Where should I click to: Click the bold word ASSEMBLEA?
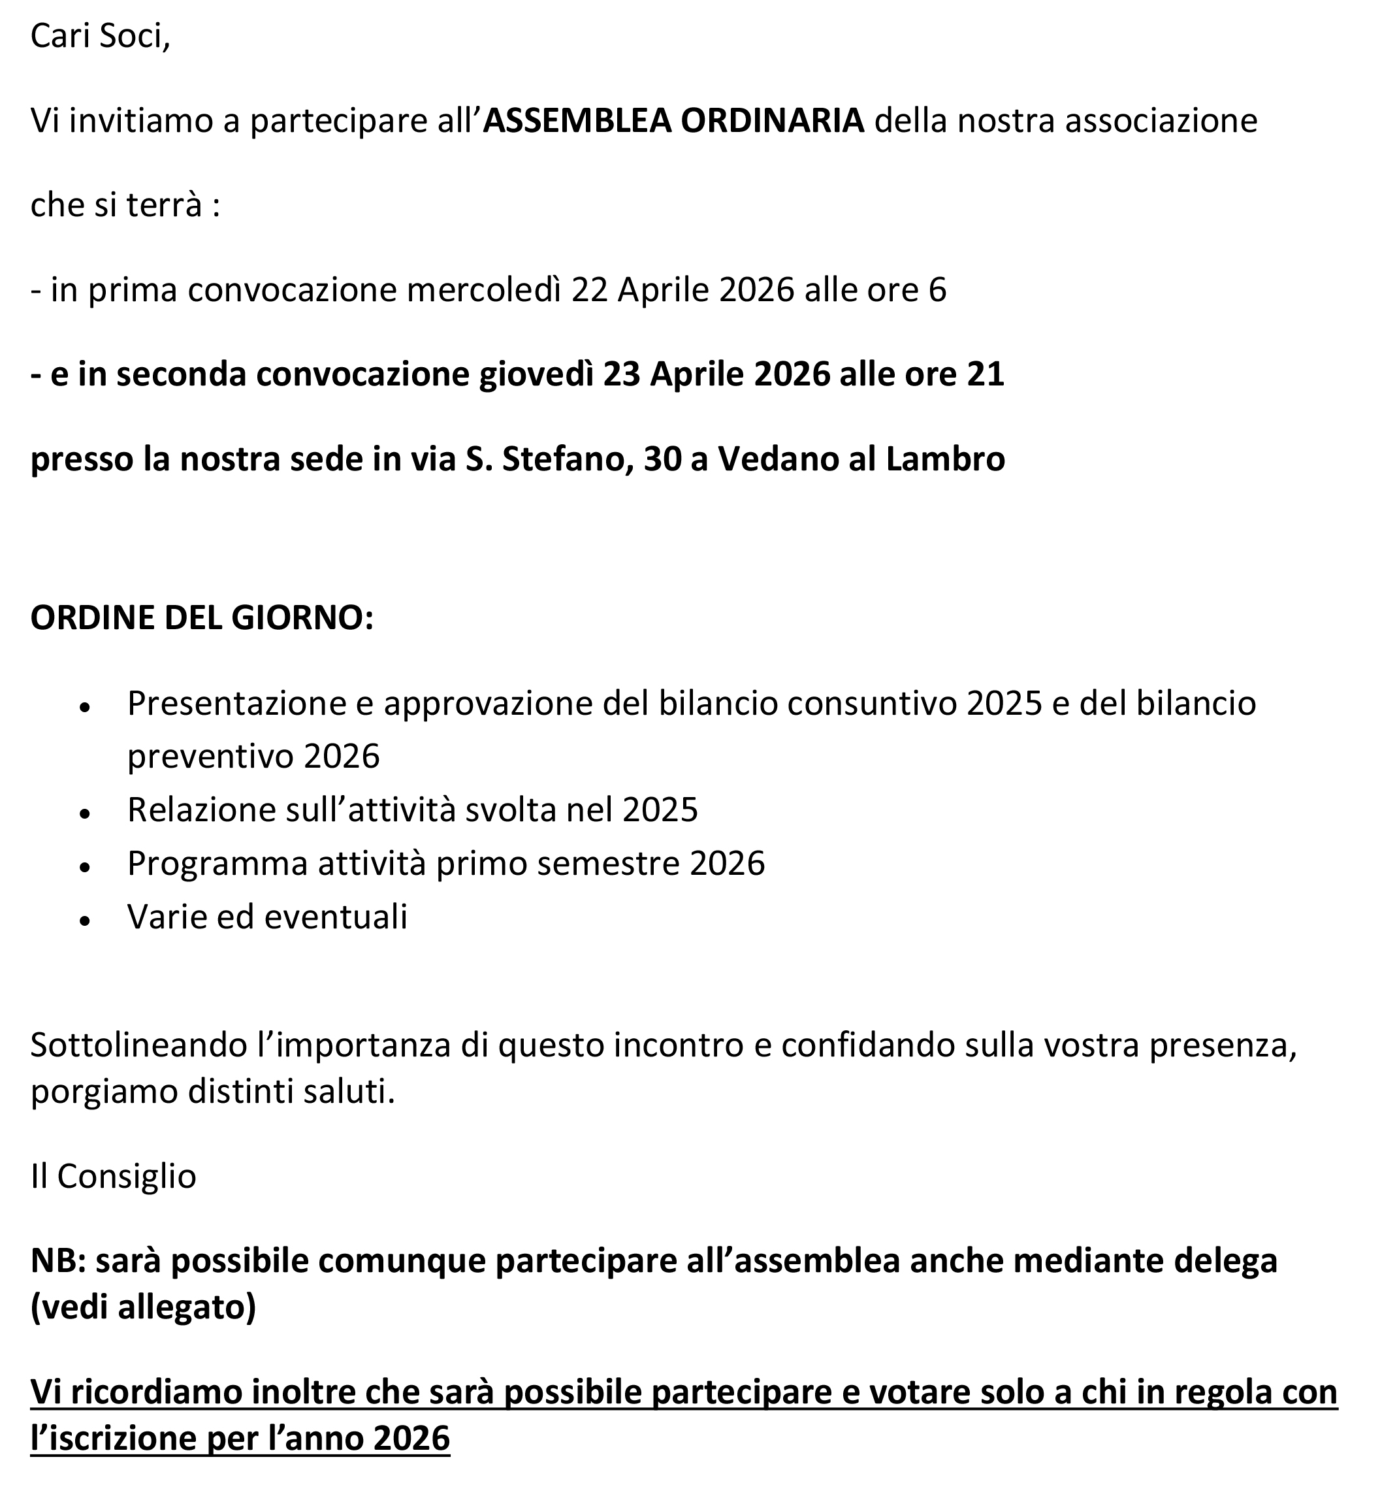[x=577, y=121]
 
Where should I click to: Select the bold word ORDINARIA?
[x=773, y=121]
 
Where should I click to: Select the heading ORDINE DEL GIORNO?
[x=202, y=618]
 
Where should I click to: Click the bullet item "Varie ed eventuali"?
[x=267, y=917]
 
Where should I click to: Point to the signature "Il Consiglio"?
[x=114, y=1176]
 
